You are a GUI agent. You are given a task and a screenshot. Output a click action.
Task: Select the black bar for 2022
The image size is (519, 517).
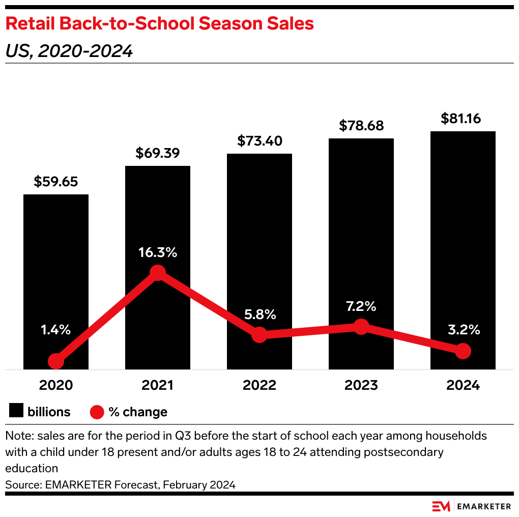click(x=259, y=244)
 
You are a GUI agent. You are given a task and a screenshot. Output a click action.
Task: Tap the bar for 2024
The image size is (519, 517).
click(x=463, y=229)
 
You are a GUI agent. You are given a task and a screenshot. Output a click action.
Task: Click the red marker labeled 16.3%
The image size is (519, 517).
click(x=158, y=273)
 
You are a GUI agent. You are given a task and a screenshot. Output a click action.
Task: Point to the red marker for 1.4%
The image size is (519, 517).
click(x=56, y=361)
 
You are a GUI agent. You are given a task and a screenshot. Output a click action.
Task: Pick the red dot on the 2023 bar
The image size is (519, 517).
click(x=361, y=327)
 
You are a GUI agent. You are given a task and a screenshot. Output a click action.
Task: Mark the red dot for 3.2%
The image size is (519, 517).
click(x=463, y=351)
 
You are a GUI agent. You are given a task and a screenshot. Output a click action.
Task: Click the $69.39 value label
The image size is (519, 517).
click(x=158, y=153)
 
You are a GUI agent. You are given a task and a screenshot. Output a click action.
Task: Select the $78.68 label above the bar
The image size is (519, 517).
click(x=361, y=126)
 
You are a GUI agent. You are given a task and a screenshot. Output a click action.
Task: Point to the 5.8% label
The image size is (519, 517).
click(x=259, y=314)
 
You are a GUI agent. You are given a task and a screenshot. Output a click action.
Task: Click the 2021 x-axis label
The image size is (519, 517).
click(x=158, y=385)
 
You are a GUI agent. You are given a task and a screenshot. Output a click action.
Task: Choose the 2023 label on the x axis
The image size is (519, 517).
click(x=361, y=385)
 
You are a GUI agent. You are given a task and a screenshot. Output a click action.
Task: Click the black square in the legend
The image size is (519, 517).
click(x=16, y=411)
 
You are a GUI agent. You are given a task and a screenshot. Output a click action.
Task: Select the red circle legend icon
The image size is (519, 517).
click(x=97, y=412)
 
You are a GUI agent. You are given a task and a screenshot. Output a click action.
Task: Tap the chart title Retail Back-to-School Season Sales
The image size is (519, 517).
click(x=159, y=23)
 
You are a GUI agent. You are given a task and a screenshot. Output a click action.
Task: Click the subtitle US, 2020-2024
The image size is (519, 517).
click(x=69, y=51)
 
